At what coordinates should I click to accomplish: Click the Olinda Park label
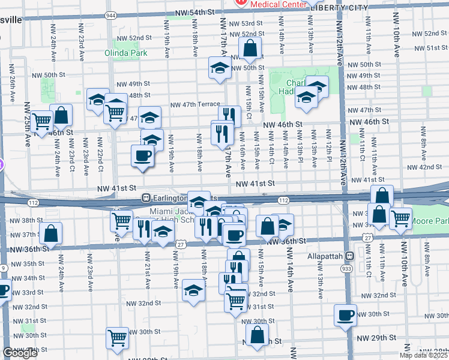131,53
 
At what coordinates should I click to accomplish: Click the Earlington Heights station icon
145,197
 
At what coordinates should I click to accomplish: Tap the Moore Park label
431,221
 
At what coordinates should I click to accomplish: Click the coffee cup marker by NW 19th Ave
143,156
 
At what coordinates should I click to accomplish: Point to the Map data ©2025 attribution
423,355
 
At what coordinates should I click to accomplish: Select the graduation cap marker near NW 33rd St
193,290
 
